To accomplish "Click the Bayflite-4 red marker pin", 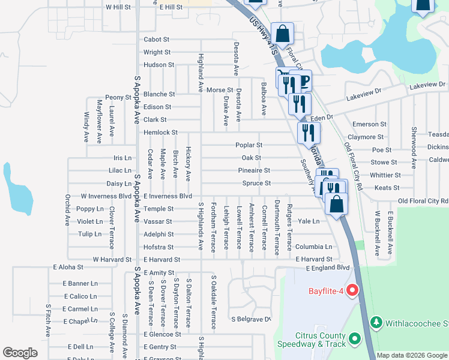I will [352, 292].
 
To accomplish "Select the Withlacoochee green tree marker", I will [376, 323].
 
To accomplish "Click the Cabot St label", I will [157, 40].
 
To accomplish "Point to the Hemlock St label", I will [160, 132].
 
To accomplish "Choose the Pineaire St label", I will [255, 171].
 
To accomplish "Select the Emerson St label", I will [369, 124].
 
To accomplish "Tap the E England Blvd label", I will [327, 268].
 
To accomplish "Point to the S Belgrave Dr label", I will [252, 319].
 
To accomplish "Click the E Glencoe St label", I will [162, 334].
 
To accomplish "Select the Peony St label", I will [118, 97].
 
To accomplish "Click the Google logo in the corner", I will [20, 353].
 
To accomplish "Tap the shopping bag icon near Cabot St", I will [282, 34].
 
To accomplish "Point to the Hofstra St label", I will [158, 247].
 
